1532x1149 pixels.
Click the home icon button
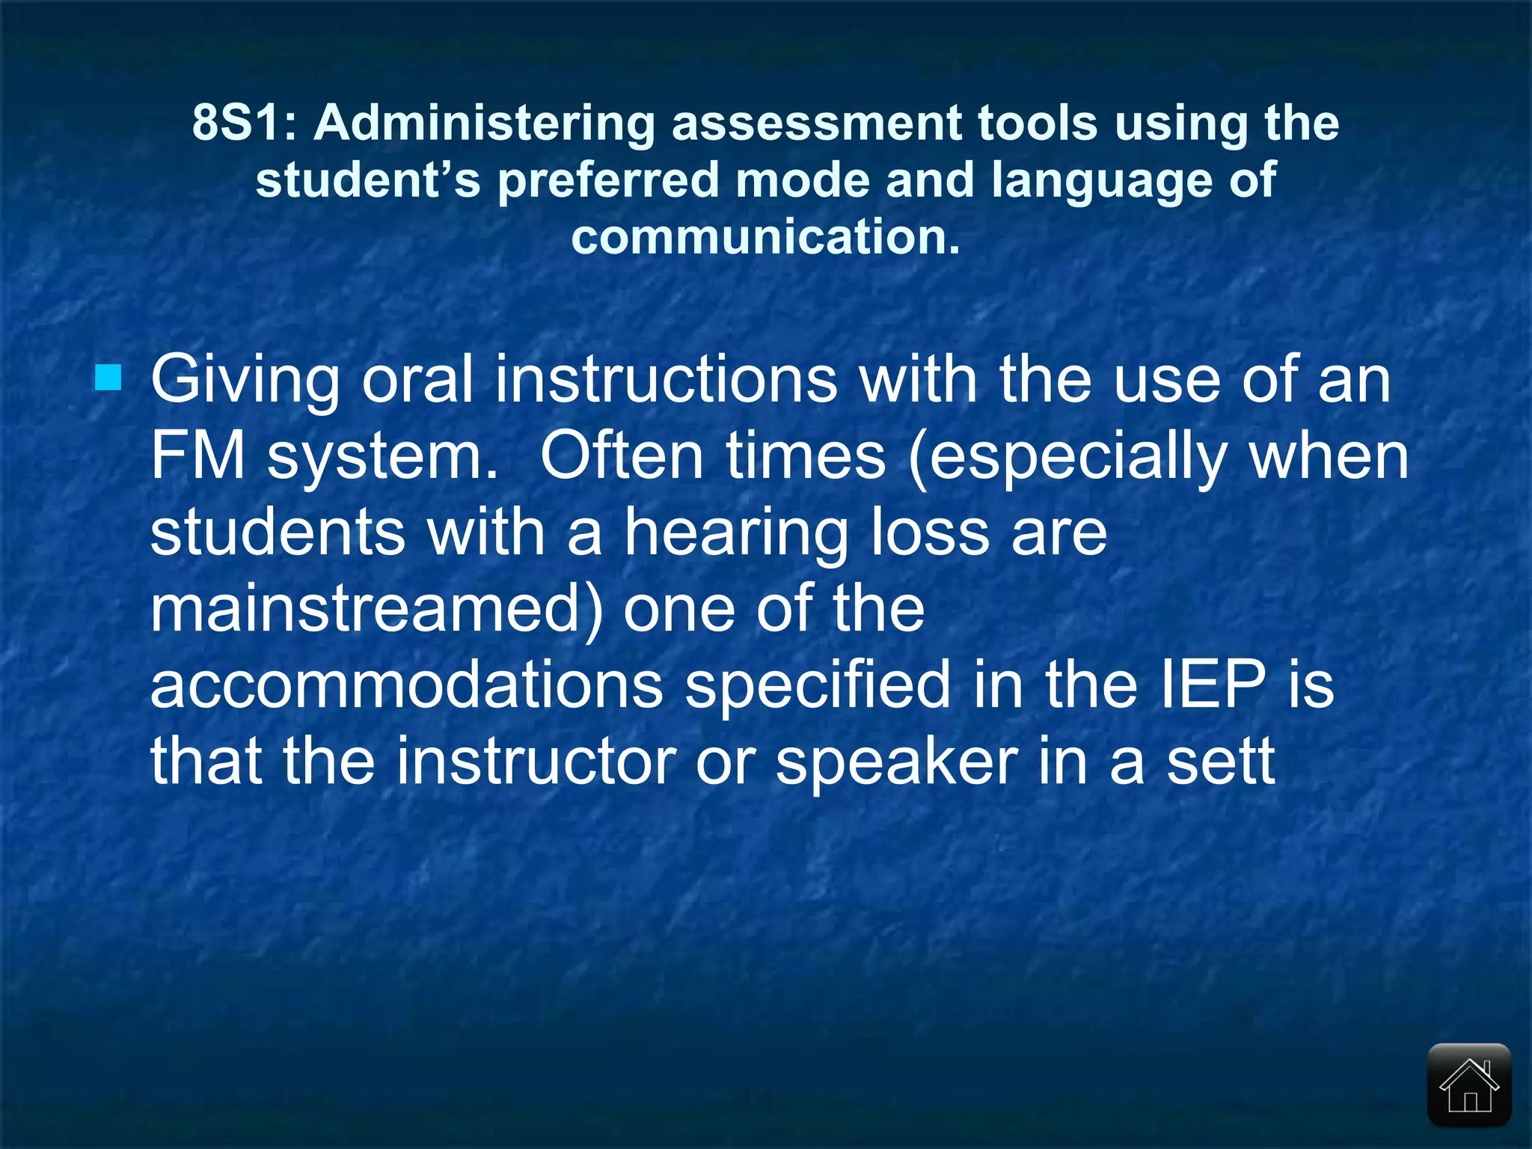pyautogui.click(x=1469, y=1085)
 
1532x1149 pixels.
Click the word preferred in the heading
pyautogui.click(x=608, y=180)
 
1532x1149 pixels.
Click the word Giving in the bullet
pyautogui.click(x=245, y=380)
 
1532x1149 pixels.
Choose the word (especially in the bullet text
pyautogui.click(x=1068, y=457)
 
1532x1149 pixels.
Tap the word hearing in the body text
pyautogui.click(x=736, y=533)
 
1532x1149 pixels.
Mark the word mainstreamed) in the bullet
pyautogui.click(x=376, y=609)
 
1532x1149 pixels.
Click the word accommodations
pyautogui.click(x=406, y=685)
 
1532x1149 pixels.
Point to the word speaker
pyautogui.click(x=897, y=762)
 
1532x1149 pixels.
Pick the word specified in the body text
pyautogui.click(x=818, y=685)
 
